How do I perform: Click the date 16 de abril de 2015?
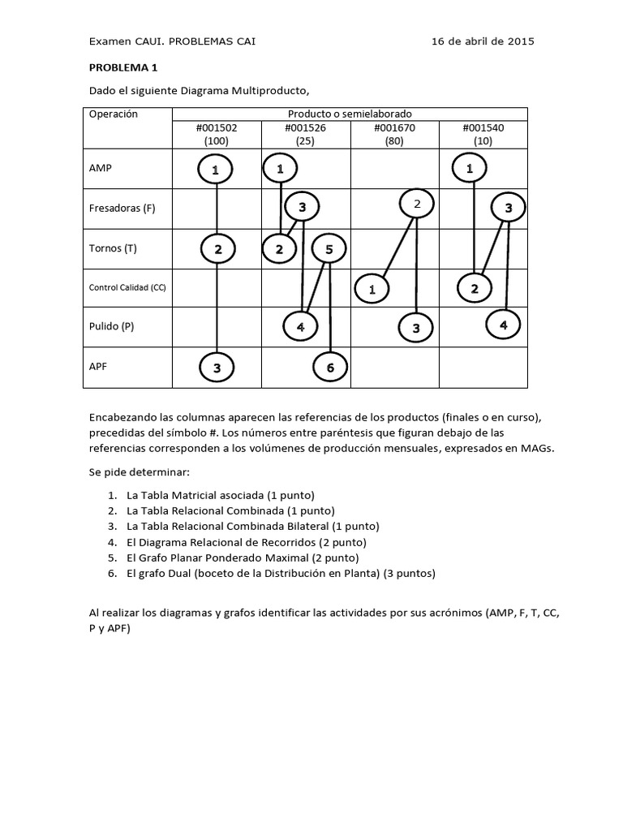482,41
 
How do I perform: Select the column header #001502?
217,127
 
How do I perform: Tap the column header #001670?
394,127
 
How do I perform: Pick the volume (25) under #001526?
305,140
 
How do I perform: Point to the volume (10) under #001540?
483,140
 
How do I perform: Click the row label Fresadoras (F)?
122,209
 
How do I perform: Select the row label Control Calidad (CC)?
127,287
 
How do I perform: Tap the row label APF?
99,366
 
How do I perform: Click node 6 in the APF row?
330,368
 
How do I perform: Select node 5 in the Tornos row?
329,249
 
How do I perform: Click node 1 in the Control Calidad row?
372,288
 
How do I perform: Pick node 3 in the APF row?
217,368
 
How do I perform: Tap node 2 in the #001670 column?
417,205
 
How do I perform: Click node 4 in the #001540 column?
503,325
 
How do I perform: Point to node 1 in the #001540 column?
470,170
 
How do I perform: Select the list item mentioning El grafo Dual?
281,573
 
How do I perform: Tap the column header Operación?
114,114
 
